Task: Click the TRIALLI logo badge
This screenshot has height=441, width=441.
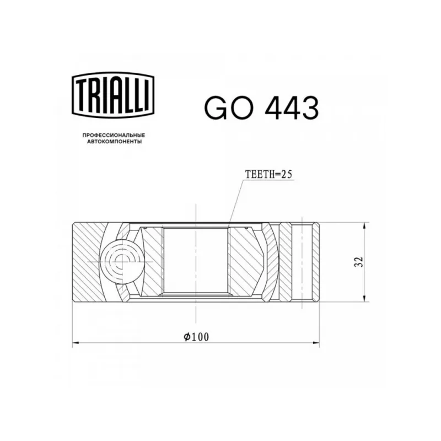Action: [x=113, y=95]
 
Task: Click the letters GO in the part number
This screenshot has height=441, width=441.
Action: [x=227, y=108]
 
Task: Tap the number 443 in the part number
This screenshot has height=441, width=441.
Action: [x=292, y=108]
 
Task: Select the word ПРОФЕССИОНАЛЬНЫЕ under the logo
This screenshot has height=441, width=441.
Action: [x=114, y=135]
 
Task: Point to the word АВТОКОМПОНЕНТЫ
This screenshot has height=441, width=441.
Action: [x=114, y=142]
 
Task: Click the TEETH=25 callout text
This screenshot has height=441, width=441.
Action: [x=268, y=174]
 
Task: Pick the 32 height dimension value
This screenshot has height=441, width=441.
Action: [x=359, y=262]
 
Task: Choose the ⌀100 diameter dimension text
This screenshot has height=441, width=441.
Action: [x=196, y=337]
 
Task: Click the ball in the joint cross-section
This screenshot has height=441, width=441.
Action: [x=122, y=261]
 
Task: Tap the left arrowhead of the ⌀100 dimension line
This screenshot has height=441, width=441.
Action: [x=77, y=343]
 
